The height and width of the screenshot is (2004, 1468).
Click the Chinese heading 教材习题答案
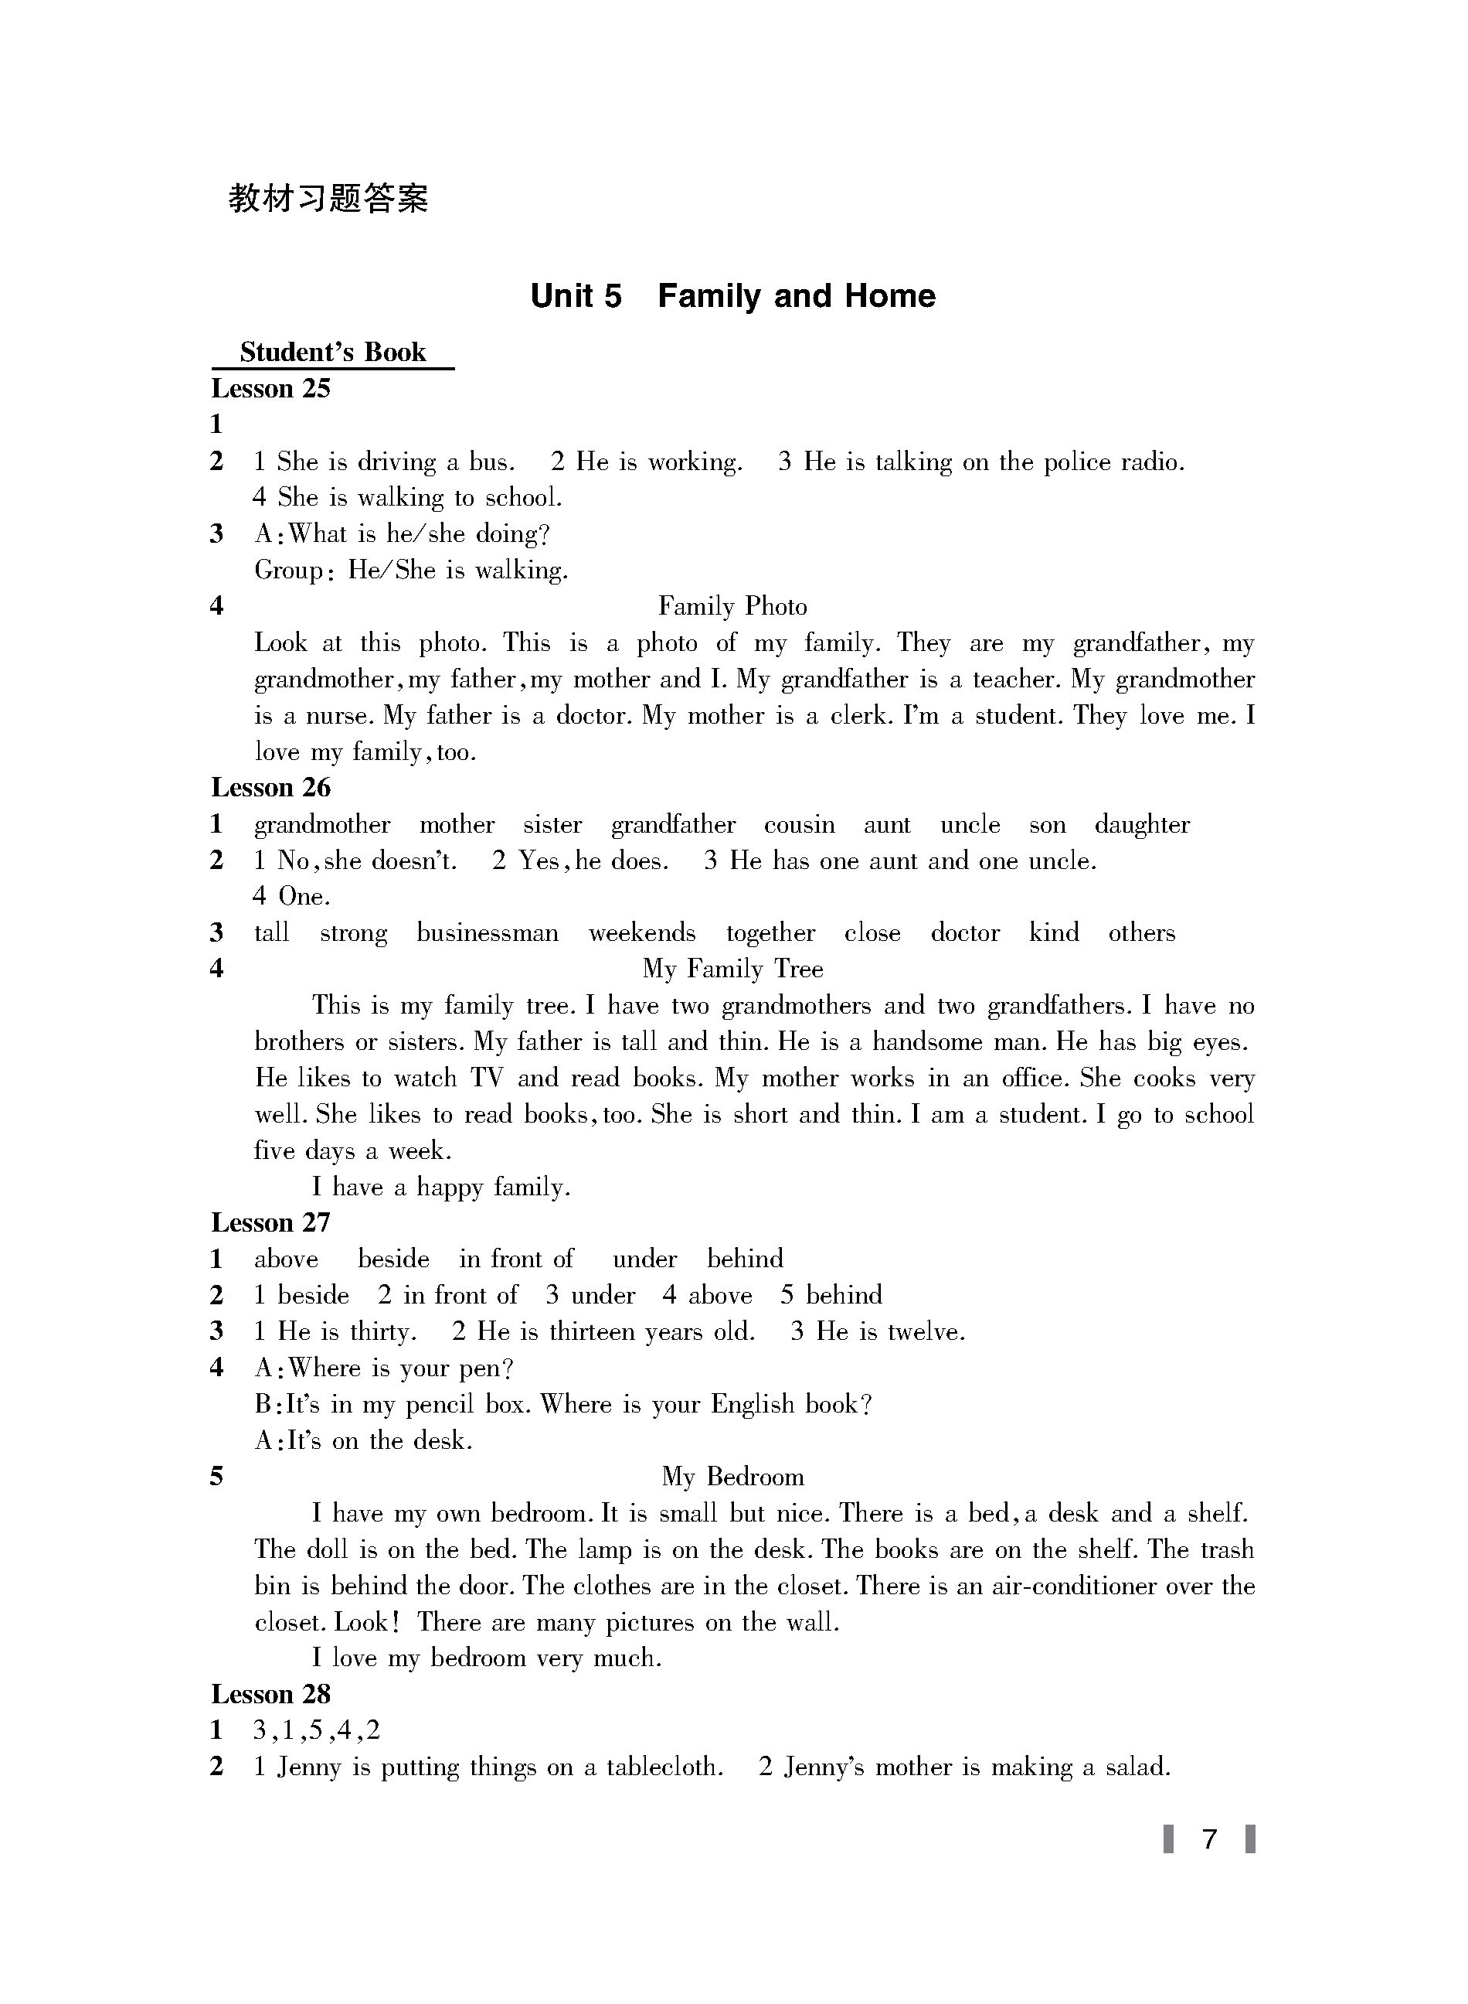(x=328, y=198)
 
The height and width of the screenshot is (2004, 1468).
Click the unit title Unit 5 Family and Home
(x=732, y=296)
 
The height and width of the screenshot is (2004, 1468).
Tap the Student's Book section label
(x=332, y=352)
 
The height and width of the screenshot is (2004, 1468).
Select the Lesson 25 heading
(x=270, y=389)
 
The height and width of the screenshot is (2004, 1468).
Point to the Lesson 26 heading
(x=270, y=788)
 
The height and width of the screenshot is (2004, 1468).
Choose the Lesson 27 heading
(x=270, y=1222)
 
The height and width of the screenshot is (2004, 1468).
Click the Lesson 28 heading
(x=270, y=1695)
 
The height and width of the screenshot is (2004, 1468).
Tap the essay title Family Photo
(x=732, y=606)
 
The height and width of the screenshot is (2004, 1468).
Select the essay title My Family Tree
(x=732, y=969)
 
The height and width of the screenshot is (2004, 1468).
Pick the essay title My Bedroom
(x=732, y=1477)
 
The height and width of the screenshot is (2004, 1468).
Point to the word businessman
(x=488, y=932)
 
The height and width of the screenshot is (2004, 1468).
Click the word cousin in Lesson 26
(x=800, y=825)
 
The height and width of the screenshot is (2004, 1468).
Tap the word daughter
(x=1142, y=825)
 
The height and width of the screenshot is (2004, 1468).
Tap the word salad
(x=1137, y=1767)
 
